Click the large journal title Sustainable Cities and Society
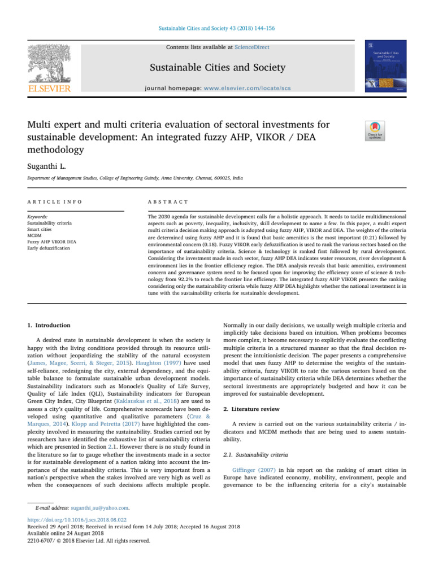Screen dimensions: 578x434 (x=216, y=69)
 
